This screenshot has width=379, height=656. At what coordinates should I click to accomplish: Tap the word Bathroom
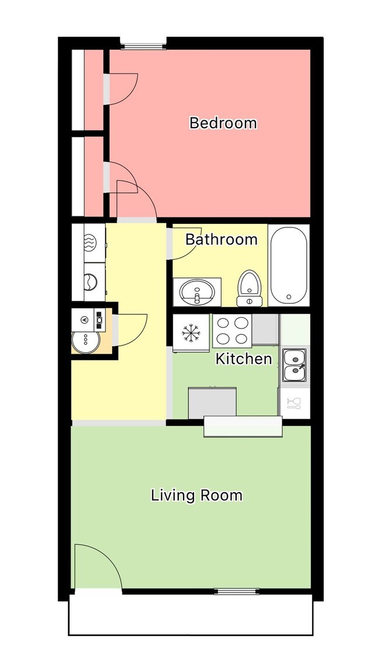[222, 239]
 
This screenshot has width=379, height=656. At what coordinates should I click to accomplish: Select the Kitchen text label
[244, 359]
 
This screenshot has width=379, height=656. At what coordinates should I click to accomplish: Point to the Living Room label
[196, 496]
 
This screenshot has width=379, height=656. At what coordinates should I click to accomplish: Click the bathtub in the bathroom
[289, 265]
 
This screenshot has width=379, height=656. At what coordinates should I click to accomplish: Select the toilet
[250, 288]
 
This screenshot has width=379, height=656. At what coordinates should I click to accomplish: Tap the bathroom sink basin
[197, 291]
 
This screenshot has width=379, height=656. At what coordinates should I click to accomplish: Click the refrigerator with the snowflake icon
[190, 333]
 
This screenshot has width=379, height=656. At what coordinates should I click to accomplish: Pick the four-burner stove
[231, 331]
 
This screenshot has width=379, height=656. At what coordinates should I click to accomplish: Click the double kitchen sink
[294, 364]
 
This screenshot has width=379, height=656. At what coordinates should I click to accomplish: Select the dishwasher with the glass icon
[294, 402]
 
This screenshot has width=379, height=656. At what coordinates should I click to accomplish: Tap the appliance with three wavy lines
[90, 242]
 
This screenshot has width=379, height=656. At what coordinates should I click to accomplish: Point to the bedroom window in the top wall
[143, 44]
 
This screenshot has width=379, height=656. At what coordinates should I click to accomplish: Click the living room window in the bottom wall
[237, 591]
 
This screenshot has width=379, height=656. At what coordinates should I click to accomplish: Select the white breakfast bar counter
[243, 426]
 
